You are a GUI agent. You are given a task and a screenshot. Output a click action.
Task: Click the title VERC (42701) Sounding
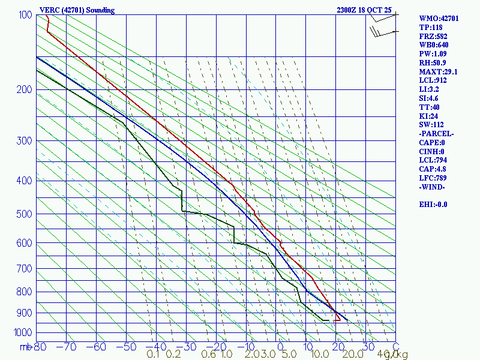click(77, 10)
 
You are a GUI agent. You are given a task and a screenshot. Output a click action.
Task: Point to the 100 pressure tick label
click(25, 15)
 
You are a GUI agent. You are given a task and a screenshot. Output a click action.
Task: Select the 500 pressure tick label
click(25, 214)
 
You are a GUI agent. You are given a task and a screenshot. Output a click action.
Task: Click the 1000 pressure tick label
click(23, 332)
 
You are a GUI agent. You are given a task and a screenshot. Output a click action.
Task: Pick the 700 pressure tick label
click(25, 269)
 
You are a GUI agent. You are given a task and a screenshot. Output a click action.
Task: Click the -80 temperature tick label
click(39, 347)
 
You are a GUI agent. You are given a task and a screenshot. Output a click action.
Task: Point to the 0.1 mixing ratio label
click(153, 355)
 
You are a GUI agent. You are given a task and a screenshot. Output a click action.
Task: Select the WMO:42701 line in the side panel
click(439, 19)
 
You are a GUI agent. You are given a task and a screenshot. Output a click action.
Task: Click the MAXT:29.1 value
click(438, 71)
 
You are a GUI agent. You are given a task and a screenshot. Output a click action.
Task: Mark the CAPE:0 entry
click(432, 142)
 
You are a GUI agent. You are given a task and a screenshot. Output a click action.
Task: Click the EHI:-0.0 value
click(433, 204)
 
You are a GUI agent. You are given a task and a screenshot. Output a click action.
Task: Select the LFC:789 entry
click(433, 178)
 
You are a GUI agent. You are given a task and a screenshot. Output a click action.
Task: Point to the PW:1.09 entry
click(433, 54)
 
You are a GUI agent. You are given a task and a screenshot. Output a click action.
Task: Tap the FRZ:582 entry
click(433, 36)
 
